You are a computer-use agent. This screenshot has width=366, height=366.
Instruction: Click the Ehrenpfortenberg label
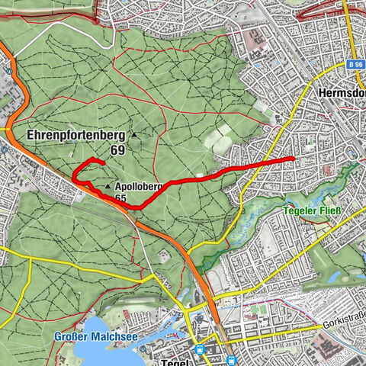click(75, 135)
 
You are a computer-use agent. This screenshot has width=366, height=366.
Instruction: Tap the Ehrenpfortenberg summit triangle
click(134, 136)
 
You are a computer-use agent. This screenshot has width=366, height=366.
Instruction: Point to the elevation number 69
click(117, 150)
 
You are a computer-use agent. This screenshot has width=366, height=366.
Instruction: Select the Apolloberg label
click(140, 185)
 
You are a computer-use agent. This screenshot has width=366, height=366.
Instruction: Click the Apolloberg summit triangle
click(108, 185)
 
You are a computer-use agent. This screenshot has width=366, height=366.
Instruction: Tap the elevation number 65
click(120, 197)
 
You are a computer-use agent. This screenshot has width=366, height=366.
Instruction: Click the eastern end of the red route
click(294, 159)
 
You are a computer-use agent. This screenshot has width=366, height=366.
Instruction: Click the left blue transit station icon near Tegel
click(200, 349)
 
